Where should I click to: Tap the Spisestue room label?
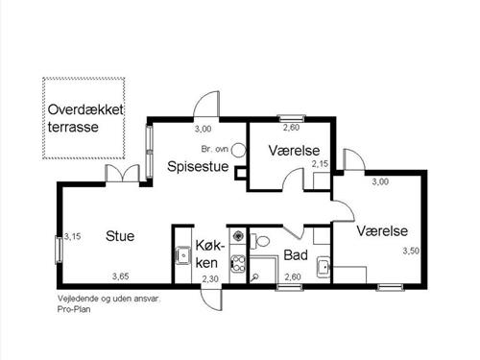pyautogui.click(x=196, y=166)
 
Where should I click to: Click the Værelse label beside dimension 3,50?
pyautogui.click(x=382, y=231)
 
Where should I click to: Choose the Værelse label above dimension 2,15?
pyautogui.click(x=289, y=151)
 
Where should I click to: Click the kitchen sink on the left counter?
pyautogui.click(x=181, y=255)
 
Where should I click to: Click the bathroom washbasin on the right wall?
pyautogui.click(x=324, y=265)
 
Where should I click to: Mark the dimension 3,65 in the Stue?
pyautogui.click(x=120, y=276)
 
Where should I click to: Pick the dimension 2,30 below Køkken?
pyautogui.click(x=210, y=278)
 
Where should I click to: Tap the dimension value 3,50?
pyautogui.click(x=411, y=251)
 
